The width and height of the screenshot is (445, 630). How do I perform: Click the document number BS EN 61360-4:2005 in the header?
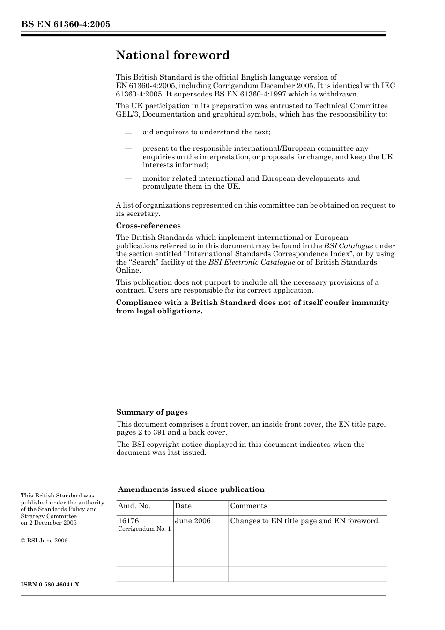point(66,24)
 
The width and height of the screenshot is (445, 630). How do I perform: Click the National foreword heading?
point(173,55)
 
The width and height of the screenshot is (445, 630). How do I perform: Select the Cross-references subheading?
point(148,225)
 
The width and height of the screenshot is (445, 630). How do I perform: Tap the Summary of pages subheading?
point(152,412)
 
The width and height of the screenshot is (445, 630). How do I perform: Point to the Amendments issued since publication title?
point(191,489)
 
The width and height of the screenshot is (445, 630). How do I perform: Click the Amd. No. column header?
point(134,506)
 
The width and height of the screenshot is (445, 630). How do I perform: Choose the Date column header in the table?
point(183,506)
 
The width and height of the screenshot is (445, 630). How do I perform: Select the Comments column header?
point(249,506)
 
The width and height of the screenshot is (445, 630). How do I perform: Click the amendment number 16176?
point(128,521)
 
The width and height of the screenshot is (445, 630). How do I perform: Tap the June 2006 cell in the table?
point(193,521)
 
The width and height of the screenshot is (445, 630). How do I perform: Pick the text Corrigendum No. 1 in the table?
point(144,529)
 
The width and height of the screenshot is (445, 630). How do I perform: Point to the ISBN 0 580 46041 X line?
point(50,585)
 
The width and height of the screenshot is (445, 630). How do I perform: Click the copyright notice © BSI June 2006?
point(44,541)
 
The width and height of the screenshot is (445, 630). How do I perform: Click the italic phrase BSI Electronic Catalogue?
point(252,262)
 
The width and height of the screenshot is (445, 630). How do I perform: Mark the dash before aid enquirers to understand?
point(128,133)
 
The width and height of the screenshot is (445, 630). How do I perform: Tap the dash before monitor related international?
point(128,178)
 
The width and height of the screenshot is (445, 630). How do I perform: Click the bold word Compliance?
point(139,303)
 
